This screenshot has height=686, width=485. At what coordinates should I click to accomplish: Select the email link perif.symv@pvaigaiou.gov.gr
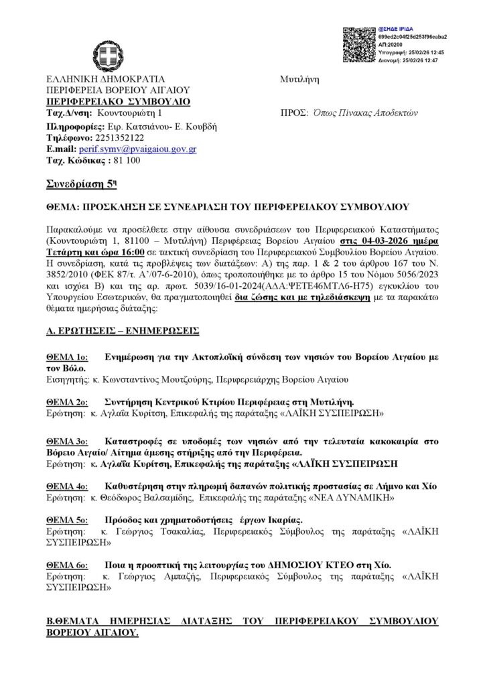(x=137, y=149)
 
